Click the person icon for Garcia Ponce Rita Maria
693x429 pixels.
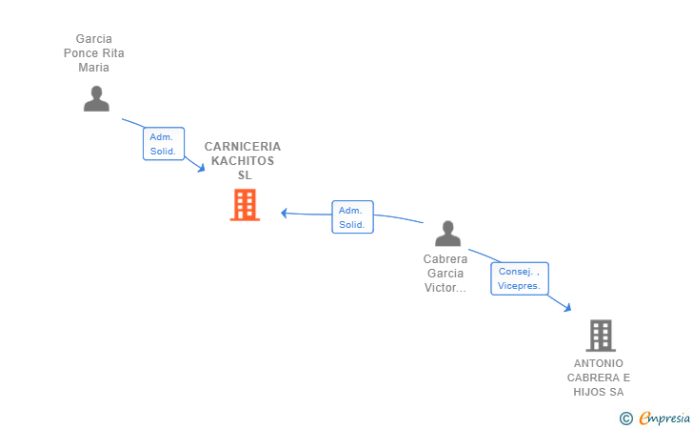coord(96,99)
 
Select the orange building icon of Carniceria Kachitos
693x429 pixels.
coord(245,205)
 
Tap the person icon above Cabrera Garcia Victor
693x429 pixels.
coord(447,234)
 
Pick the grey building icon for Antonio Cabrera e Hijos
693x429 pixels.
coord(601,336)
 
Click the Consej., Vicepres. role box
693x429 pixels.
coord(520,278)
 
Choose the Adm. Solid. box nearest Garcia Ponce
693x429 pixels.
coord(164,144)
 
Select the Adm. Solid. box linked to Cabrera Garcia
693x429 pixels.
coord(352,217)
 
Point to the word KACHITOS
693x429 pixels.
coord(243,161)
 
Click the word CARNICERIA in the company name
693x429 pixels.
coord(243,147)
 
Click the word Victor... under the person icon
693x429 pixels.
coord(445,288)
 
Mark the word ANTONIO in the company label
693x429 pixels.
coord(599,363)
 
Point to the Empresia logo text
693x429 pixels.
coord(664,418)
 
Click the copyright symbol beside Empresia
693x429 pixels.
coord(626,419)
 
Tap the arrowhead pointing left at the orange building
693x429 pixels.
coord(285,214)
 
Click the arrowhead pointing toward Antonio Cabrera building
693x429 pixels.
coord(567,307)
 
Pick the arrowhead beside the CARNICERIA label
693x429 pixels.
coord(201,168)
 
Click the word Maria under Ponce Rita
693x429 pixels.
coord(93,68)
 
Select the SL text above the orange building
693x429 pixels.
coord(245,175)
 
